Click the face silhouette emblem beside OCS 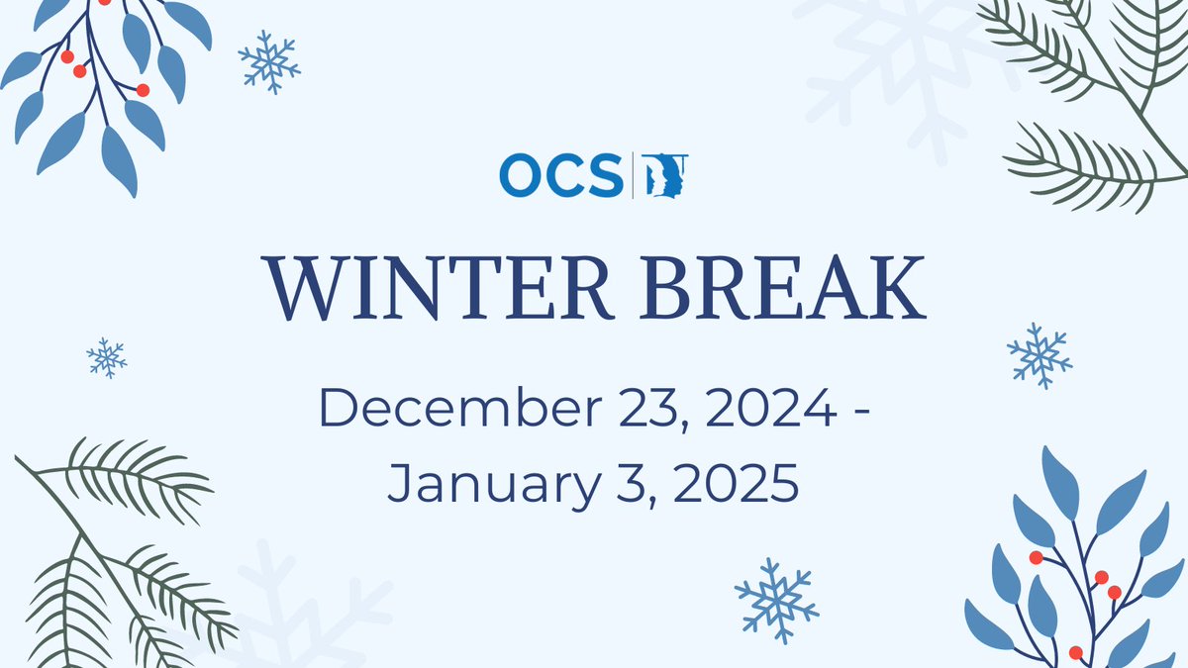(666, 175)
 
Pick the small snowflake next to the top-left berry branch (269, 61)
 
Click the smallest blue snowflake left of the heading (106, 357)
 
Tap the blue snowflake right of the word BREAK (1039, 354)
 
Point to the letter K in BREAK (896, 287)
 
